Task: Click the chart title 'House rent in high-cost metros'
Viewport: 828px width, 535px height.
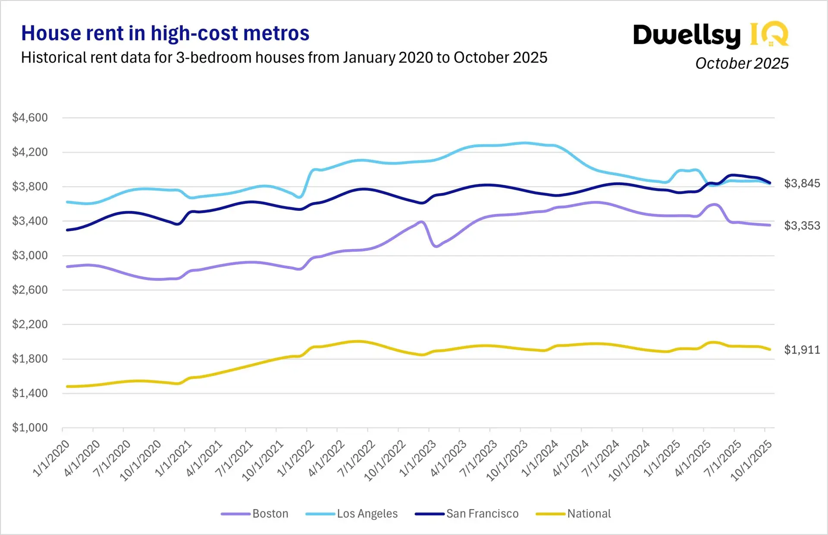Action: [x=165, y=34]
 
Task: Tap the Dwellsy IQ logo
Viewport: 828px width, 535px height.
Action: [x=710, y=34]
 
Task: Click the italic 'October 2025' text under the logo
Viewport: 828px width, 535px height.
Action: [x=742, y=63]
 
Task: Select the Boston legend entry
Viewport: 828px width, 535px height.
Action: [x=255, y=513]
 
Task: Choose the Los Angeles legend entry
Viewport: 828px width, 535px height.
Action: [x=352, y=513]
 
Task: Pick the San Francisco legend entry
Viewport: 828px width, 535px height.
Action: [x=467, y=513]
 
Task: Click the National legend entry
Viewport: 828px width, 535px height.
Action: [x=574, y=513]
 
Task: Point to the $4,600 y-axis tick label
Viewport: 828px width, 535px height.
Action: [x=30, y=117]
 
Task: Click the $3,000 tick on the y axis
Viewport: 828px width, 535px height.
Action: [x=30, y=255]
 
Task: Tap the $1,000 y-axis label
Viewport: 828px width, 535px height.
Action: [x=30, y=428]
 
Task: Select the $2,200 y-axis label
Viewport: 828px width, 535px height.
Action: [x=30, y=324]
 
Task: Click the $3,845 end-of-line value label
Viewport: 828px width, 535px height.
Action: [x=802, y=184]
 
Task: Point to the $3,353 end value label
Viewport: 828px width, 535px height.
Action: [x=802, y=225]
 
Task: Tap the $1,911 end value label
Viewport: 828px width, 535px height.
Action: [x=802, y=350]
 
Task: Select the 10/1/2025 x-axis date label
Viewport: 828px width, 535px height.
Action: [x=751, y=460]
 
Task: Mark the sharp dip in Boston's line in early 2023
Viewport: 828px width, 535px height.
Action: [x=436, y=246]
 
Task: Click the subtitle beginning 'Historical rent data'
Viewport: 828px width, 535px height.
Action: [x=284, y=58]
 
